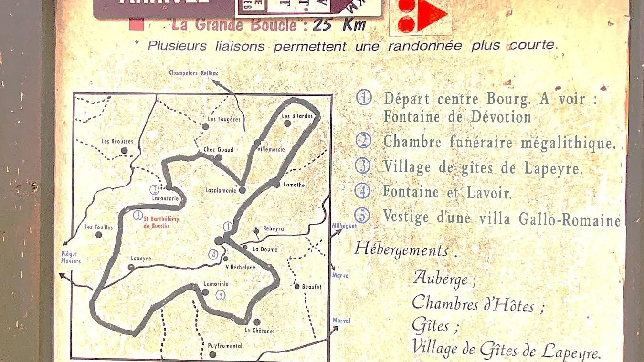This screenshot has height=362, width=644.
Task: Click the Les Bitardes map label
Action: (297, 116)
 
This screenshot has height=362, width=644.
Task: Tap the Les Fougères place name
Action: (224, 119)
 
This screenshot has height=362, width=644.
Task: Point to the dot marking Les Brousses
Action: (124, 150)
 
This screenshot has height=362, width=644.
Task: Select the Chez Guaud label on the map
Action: (218, 150)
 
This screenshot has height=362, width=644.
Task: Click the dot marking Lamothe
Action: (276, 184)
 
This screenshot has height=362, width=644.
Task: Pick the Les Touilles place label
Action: (98, 227)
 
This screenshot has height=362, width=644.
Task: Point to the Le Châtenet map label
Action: (259, 331)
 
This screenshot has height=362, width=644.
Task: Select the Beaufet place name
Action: (311, 287)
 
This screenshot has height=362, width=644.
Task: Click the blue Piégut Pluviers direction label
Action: (71, 258)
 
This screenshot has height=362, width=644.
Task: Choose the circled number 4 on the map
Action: (213, 255)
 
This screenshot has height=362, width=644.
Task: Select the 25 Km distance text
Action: (339, 24)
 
